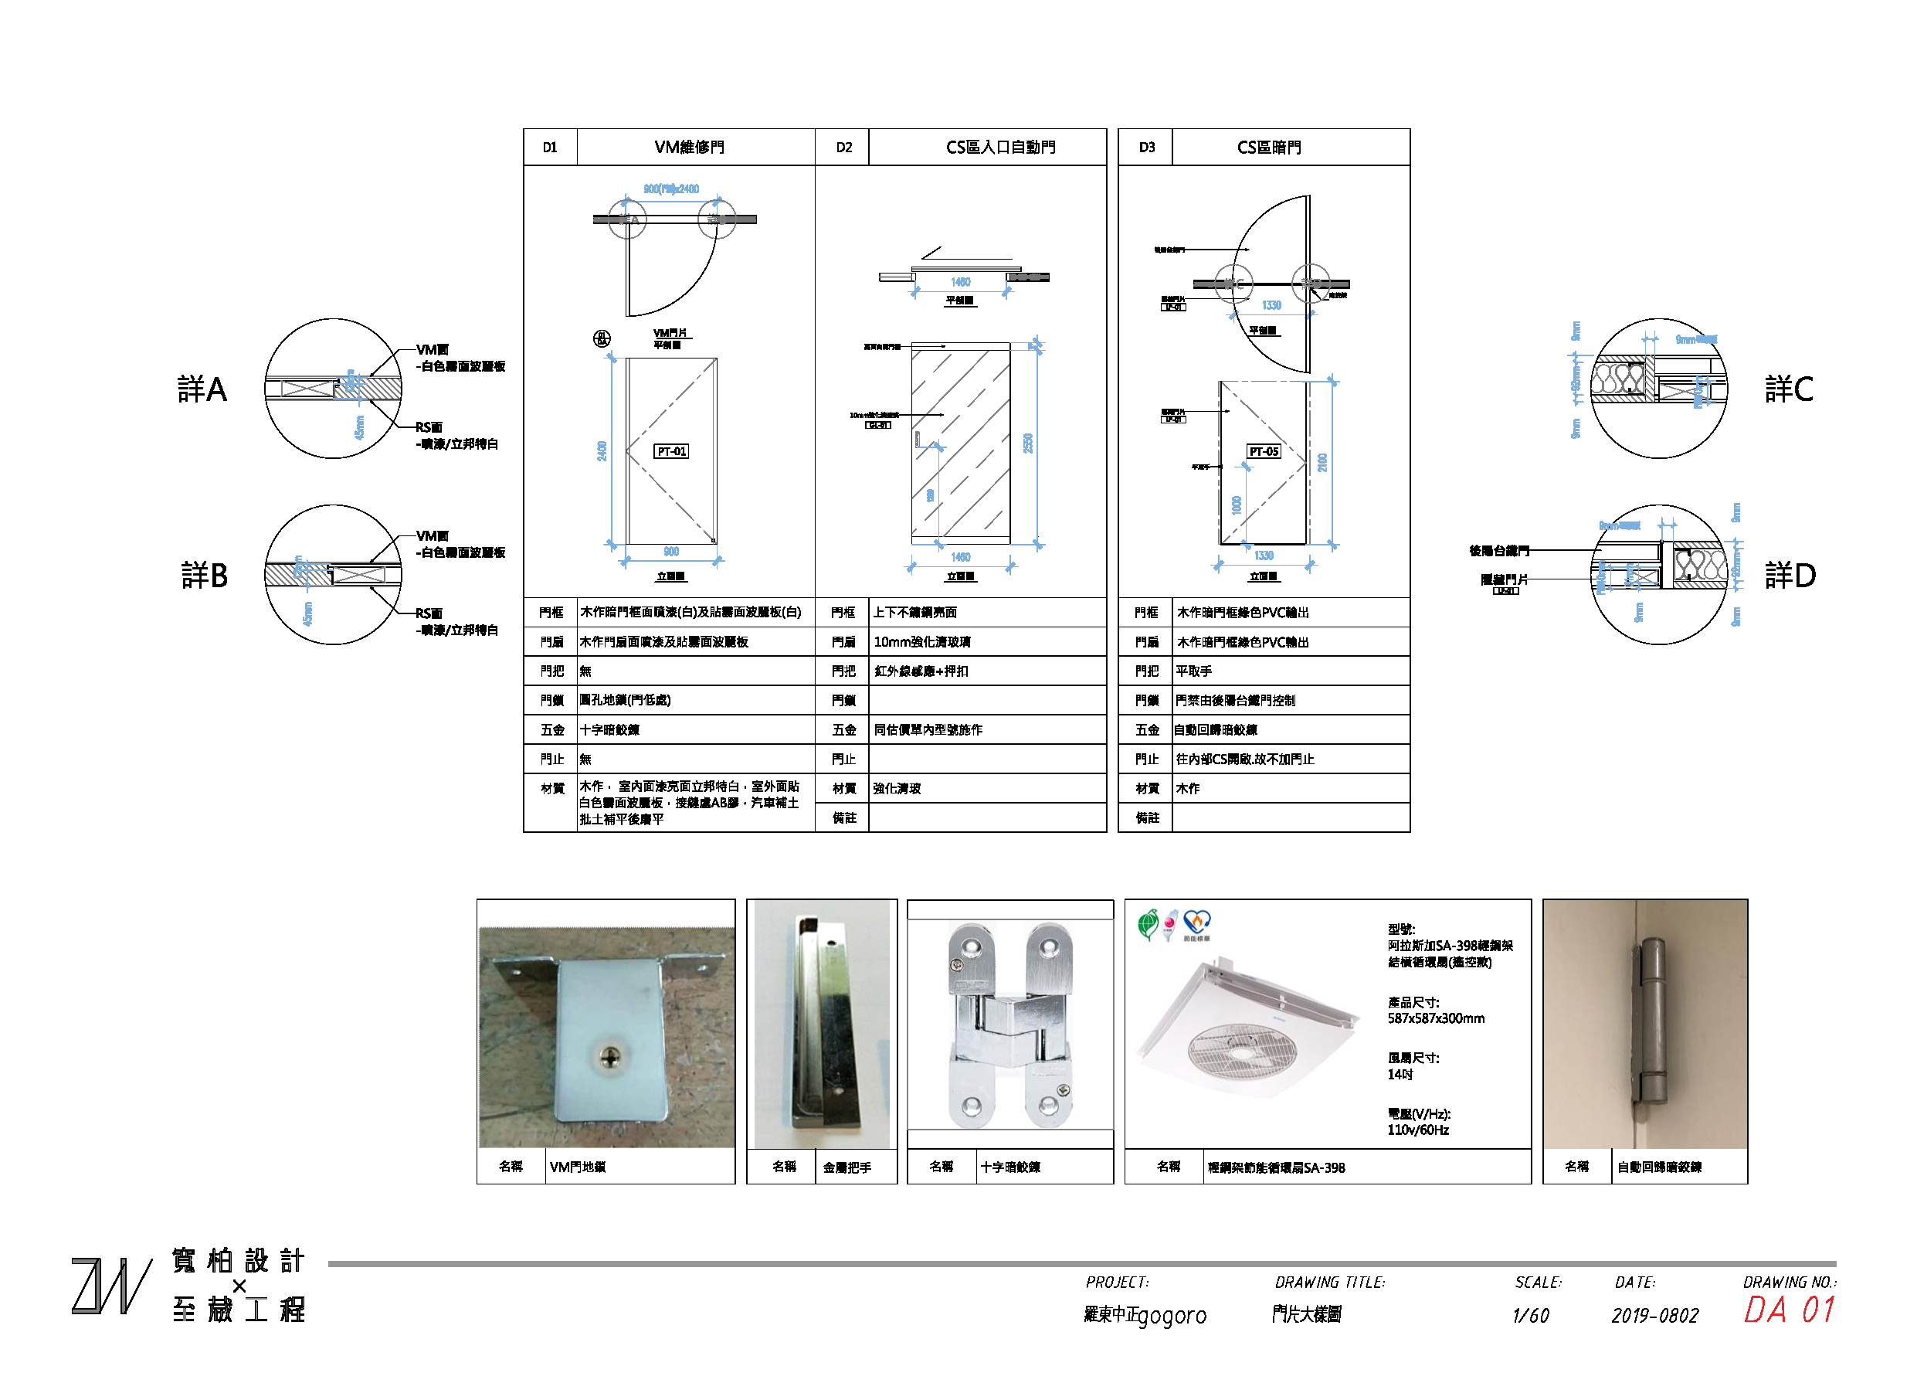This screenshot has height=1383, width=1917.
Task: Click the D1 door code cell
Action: tap(550, 148)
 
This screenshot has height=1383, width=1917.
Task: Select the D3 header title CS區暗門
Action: tap(1269, 148)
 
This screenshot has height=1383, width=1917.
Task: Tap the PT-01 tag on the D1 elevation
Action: tap(672, 452)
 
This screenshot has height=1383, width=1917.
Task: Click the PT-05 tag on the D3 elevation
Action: tap(1264, 452)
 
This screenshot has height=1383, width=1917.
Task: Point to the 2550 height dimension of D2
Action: tap(1029, 443)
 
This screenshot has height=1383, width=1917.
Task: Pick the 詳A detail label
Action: tap(203, 389)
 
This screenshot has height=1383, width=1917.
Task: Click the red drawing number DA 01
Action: tap(1790, 1311)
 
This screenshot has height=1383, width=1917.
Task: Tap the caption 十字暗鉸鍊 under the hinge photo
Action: tap(1010, 1167)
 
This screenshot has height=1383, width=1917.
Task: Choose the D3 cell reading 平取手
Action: tap(1193, 672)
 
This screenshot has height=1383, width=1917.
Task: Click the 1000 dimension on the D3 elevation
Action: tap(1237, 505)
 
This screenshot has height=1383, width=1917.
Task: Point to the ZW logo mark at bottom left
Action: tap(110, 1286)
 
